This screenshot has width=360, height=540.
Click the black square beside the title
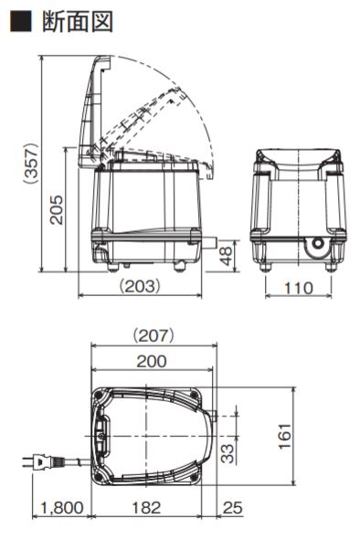[21, 21]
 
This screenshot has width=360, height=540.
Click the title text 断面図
[78, 21]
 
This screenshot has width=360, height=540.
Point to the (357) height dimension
[31, 163]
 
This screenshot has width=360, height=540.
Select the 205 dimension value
[56, 210]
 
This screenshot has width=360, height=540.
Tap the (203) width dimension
[140, 286]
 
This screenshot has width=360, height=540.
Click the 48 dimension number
[227, 256]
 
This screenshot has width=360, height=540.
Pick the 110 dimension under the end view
[299, 288]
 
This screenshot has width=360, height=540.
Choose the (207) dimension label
[154, 335]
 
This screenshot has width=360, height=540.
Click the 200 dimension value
[152, 361]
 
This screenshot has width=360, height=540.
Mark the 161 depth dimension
[285, 437]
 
